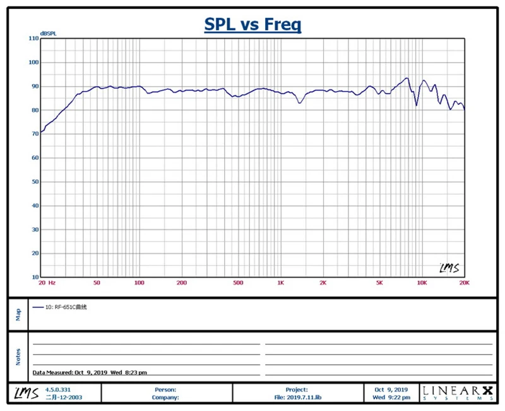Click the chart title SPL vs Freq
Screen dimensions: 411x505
(x=252, y=25)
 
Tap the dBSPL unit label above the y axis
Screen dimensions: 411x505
(x=48, y=33)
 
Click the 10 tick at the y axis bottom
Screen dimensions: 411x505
(x=35, y=277)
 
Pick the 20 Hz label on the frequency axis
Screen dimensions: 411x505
(x=47, y=283)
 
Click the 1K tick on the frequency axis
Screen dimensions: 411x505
(x=280, y=283)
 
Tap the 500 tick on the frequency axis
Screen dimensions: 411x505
(x=238, y=283)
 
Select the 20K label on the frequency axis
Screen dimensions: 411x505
(x=465, y=283)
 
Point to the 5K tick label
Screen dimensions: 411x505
(x=380, y=283)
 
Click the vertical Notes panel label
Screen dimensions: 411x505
(x=18, y=356)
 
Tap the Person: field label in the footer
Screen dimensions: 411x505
(x=165, y=390)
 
